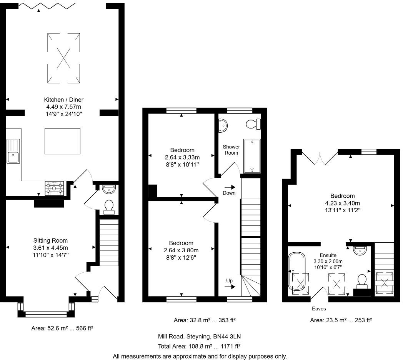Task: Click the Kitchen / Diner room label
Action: (x=64, y=100)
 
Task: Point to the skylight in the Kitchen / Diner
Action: (x=64, y=58)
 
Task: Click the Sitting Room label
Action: (x=51, y=241)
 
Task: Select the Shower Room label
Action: (x=231, y=150)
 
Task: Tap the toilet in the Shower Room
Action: (x=254, y=124)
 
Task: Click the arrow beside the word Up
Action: (x=230, y=286)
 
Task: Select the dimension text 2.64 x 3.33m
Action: (x=183, y=157)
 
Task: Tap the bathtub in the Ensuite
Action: (x=296, y=272)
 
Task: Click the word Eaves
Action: (x=319, y=308)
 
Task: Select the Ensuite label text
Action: (x=328, y=255)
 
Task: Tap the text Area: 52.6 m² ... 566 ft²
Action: (x=62, y=328)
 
